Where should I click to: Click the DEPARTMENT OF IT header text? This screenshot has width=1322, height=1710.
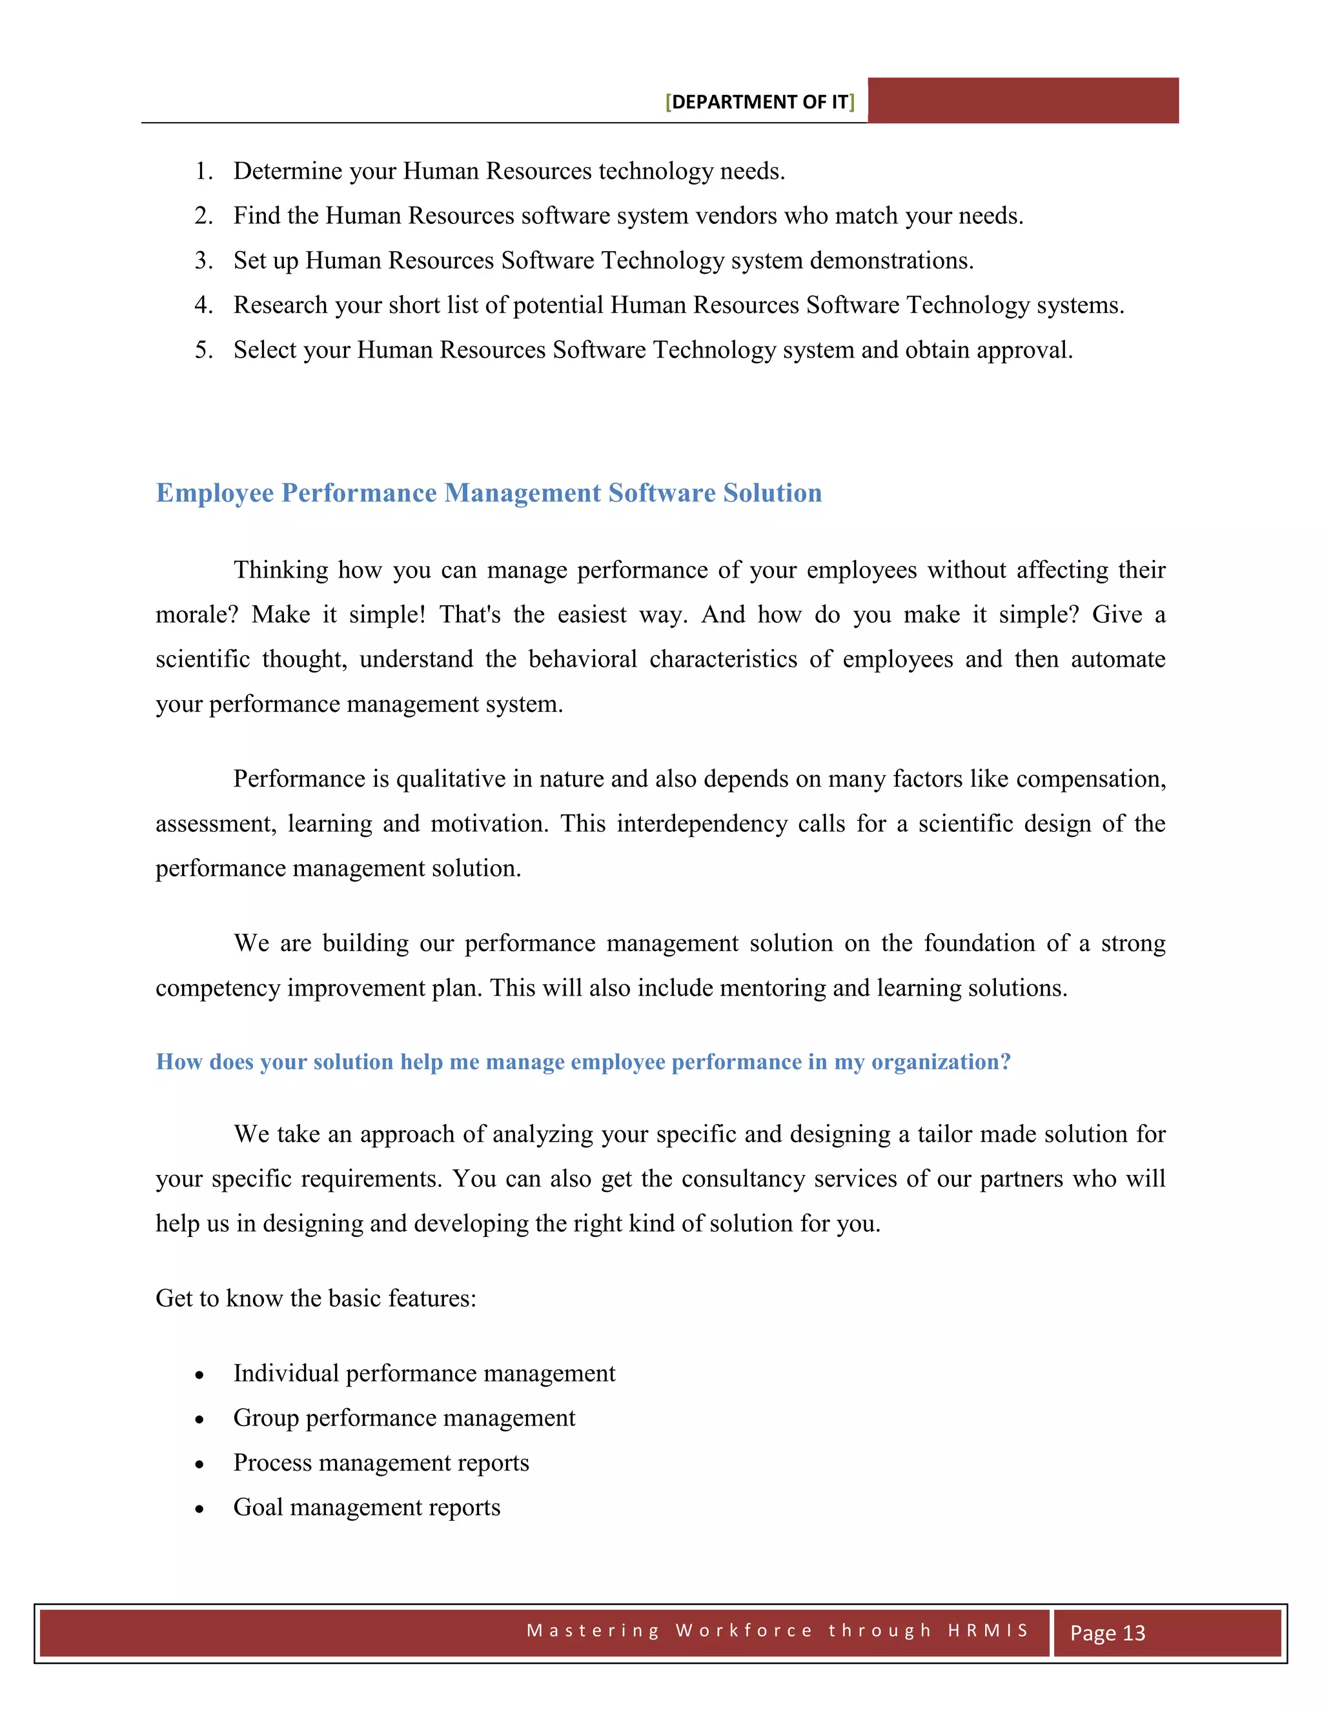760,103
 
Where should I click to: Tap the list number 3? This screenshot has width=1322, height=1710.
203,261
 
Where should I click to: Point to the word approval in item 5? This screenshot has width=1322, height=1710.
1024,350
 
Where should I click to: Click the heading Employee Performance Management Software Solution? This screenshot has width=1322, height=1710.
489,493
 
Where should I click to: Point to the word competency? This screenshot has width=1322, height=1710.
218,989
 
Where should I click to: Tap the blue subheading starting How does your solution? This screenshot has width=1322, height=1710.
583,1063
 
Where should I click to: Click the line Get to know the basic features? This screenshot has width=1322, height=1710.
316,1299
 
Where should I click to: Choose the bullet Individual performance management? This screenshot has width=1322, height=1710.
423,1374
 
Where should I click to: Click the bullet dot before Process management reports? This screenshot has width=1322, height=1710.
199,1464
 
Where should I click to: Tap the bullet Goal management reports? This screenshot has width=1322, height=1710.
367,1508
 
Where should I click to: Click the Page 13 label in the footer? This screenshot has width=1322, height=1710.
1108,1633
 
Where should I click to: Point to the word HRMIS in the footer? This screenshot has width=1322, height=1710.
988,1630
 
